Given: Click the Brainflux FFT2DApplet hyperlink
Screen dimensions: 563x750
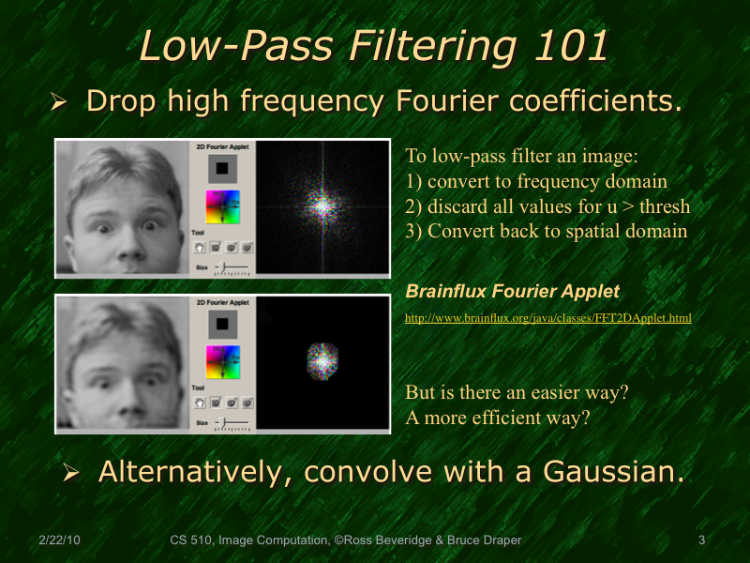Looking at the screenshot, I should tap(547, 318).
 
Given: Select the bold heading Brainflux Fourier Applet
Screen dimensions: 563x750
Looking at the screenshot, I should tap(512, 291).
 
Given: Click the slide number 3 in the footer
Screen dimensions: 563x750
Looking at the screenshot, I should tap(701, 540).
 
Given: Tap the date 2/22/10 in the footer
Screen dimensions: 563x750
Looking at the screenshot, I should tap(60, 540).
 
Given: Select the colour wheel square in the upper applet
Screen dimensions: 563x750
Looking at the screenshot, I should tap(222, 206).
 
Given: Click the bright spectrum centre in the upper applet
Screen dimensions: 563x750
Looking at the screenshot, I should tap(322, 205).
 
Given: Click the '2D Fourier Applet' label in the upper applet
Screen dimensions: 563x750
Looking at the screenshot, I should tap(222, 147).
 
